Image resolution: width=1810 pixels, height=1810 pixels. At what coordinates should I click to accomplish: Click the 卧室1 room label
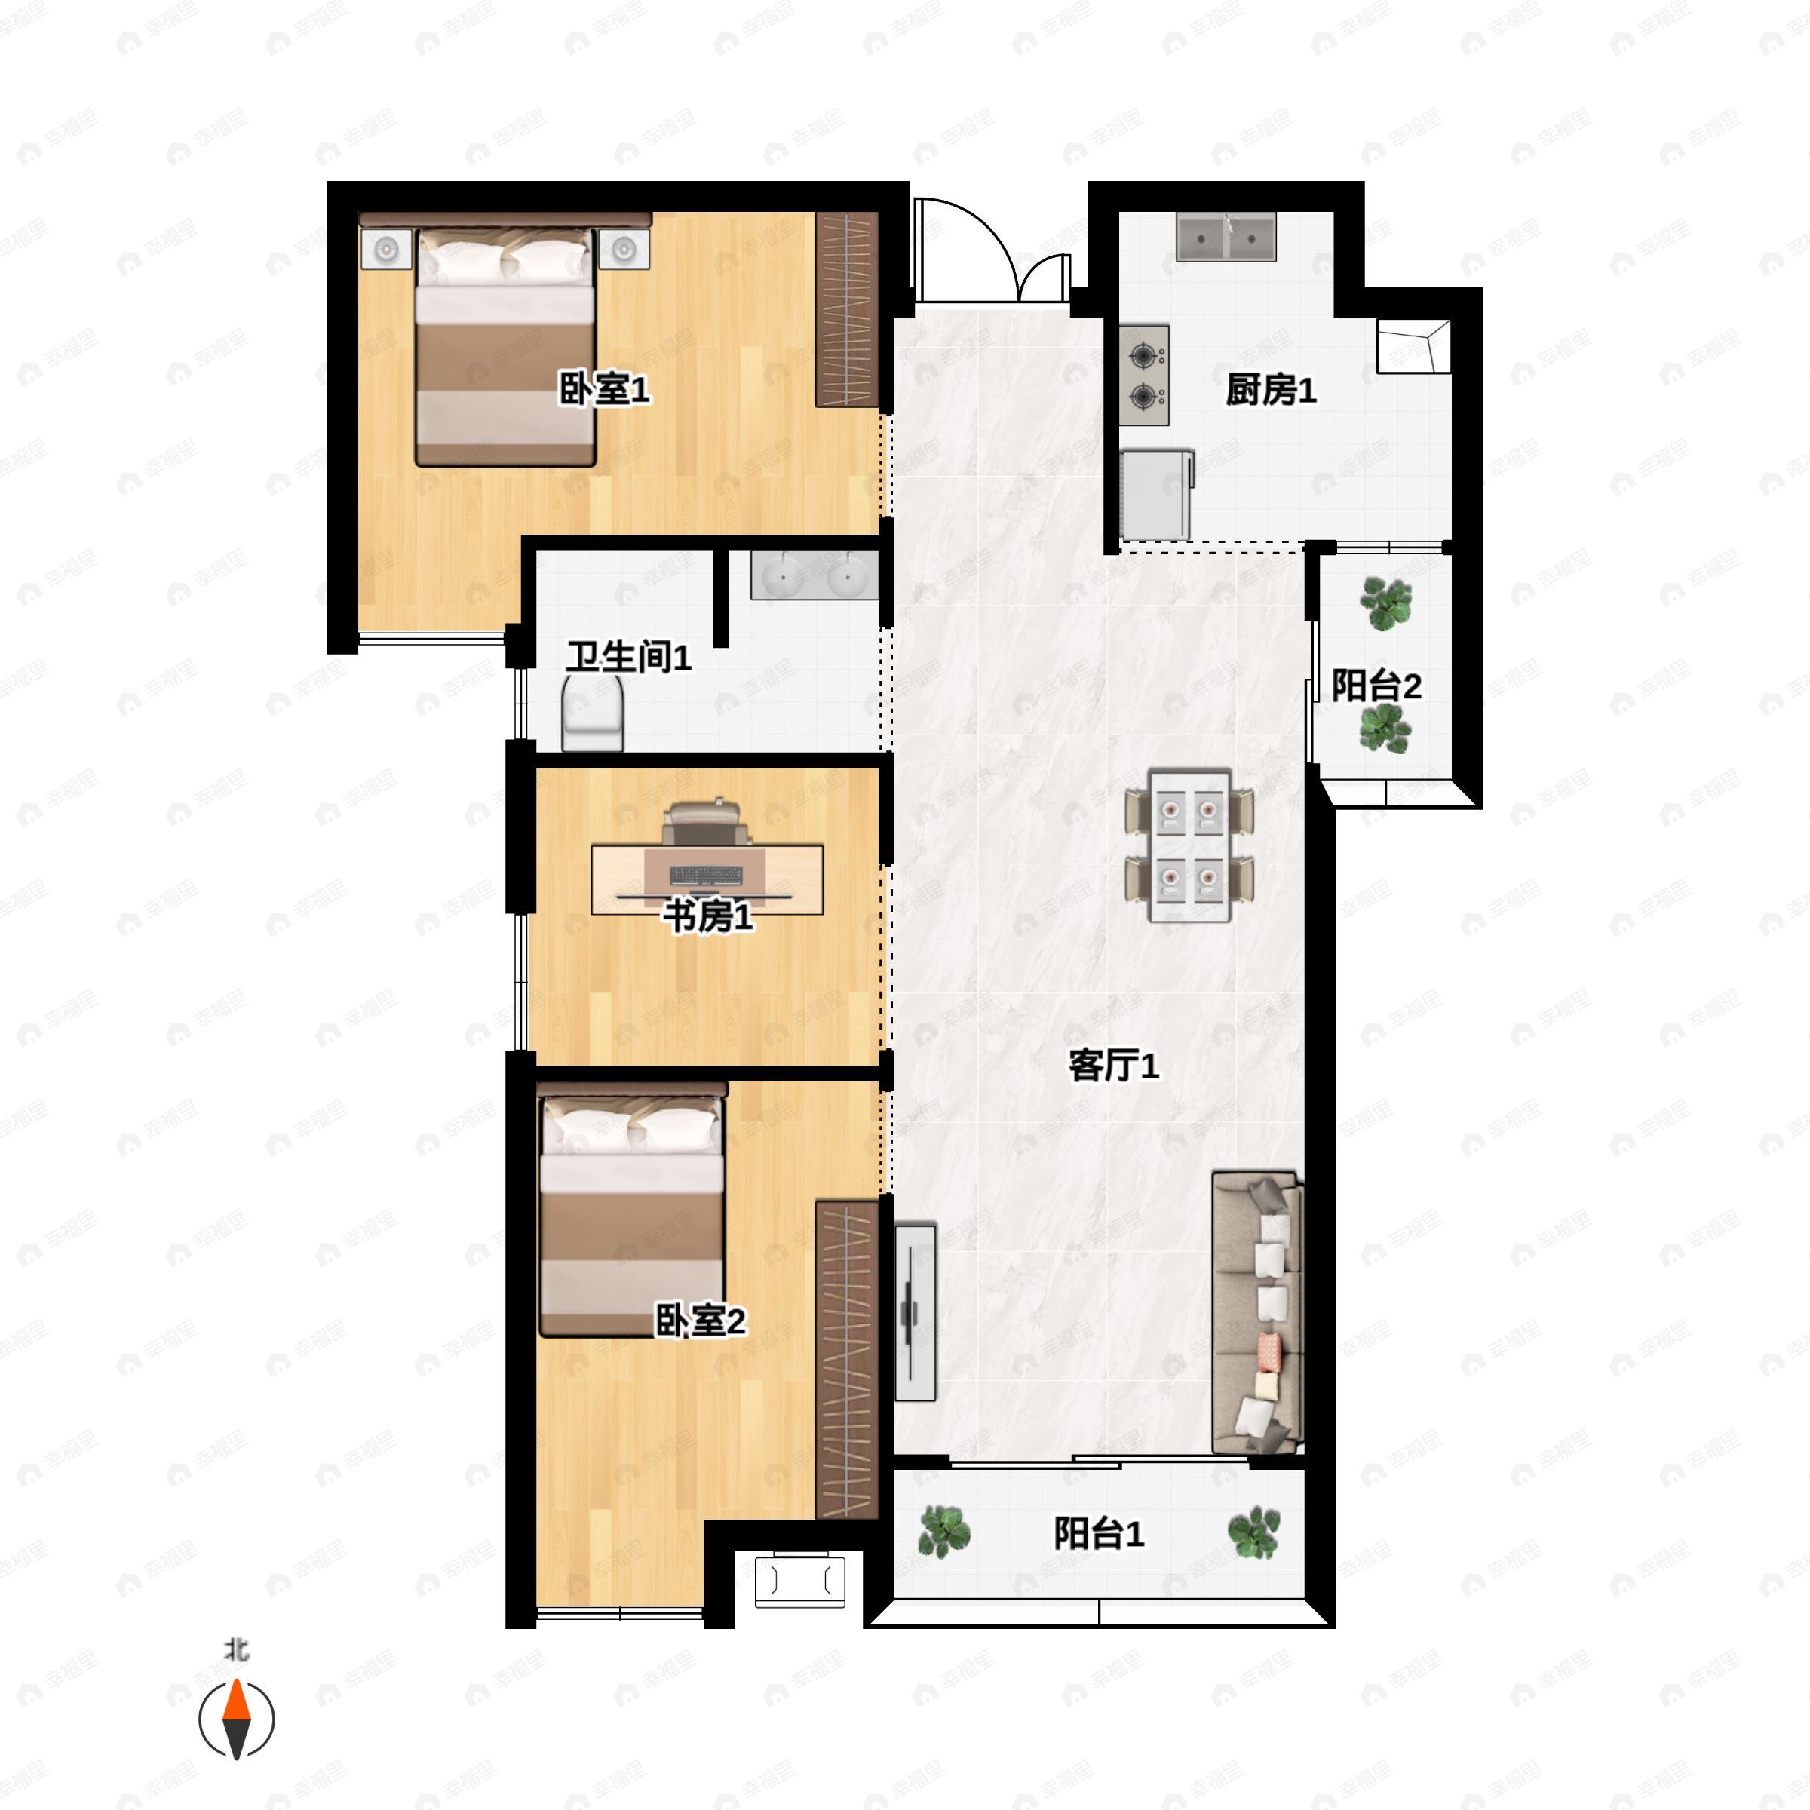coord(603,389)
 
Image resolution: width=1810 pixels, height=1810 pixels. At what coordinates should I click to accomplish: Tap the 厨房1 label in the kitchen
coord(1270,390)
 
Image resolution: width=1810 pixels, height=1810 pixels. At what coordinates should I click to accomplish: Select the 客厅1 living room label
coord(1113,1065)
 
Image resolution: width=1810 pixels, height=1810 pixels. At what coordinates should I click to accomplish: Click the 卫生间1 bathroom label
coord(627,657)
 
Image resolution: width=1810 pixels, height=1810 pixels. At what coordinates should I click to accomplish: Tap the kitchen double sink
coord(1226,236)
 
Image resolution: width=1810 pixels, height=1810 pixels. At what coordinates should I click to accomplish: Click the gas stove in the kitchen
coord(1144,375)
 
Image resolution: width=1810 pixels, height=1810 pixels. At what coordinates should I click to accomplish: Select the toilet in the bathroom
coord(592,714)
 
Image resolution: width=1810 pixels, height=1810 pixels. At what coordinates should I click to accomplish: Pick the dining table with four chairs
coord(1189,845)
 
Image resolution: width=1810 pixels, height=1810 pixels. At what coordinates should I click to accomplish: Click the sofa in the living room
coord(1257,1311)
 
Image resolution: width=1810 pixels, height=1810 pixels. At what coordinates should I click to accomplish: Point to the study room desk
coord(707,878)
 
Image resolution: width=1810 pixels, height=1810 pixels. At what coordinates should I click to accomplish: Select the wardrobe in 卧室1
coord(846,309)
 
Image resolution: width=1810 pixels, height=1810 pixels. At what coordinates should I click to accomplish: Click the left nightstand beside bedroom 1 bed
coord(386,249)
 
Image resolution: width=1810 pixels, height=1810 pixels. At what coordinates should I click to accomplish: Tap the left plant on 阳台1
coord(943,1532)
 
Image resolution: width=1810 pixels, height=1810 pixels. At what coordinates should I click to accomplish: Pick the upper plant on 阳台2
coord(1385,603)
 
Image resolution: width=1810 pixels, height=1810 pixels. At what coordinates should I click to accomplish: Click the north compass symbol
coord(236,1719)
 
